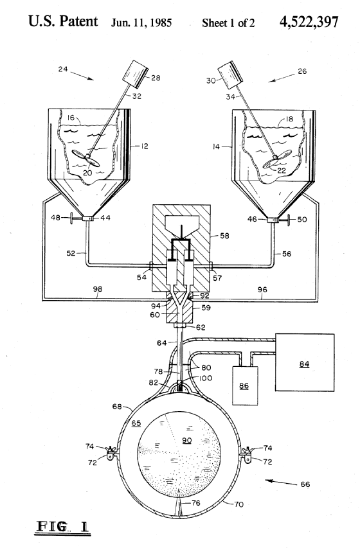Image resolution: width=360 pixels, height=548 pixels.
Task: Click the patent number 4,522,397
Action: tap(309, 22)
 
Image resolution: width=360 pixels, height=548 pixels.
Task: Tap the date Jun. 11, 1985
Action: tap(141, 23)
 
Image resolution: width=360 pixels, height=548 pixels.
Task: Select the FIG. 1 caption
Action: tap(62, 526)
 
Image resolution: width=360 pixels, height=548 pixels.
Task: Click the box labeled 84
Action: tap(305, 362)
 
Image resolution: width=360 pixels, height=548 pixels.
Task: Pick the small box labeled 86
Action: tap(245, 385)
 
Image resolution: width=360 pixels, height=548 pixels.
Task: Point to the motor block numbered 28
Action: tap(136, 73)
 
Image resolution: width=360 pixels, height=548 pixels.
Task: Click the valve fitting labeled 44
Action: tap(88, 218)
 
